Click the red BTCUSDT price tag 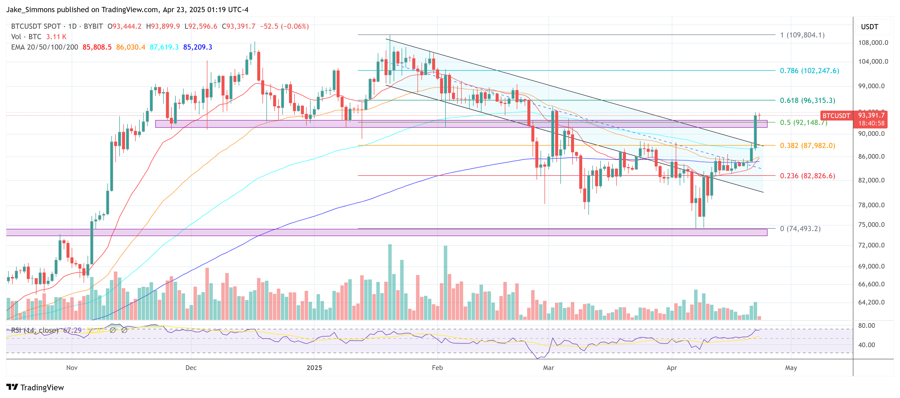[x=836, y=116]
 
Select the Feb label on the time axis [x=437, y=368]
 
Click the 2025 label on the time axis [x=314, y=368]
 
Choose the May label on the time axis [x=791, y=368]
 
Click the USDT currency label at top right [x=869, y=27]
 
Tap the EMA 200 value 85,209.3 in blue [x=197, y=47]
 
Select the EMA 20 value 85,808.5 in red [x=97, y=47]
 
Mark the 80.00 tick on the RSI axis [x=867, y=325]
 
